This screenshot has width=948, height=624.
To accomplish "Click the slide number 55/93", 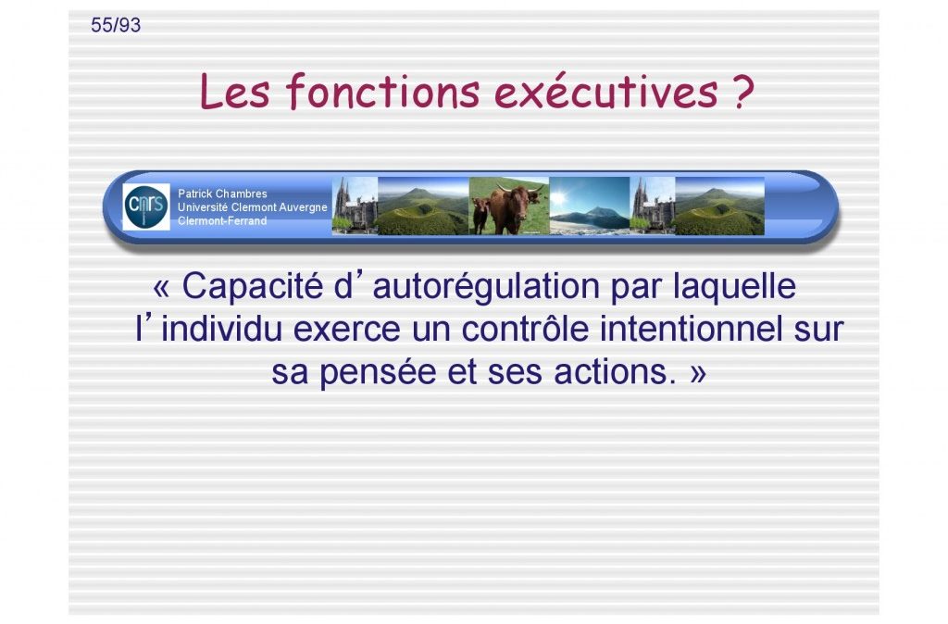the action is [x=116, y=25].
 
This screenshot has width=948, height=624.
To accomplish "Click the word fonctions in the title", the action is [x=382, y=92].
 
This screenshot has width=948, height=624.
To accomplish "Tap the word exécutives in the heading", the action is [x=605, y=92].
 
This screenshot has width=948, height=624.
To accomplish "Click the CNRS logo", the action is [x=145, y=206].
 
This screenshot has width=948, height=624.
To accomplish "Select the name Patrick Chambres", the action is [x=222, y=193].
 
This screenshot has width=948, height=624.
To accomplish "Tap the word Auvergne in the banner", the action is [x=303, y=207].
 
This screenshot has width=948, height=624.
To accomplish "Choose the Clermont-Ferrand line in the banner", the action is [x=222, y=220].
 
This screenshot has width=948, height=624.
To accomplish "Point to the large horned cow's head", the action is [x=518, y=203].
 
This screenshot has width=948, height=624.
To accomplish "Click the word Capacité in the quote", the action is [x=253, y=286].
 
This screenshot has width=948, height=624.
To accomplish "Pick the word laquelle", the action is [x=734, y=287].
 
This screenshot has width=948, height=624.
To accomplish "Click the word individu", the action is [x=222, y=329].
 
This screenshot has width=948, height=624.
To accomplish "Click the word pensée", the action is [x=378, y=372].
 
